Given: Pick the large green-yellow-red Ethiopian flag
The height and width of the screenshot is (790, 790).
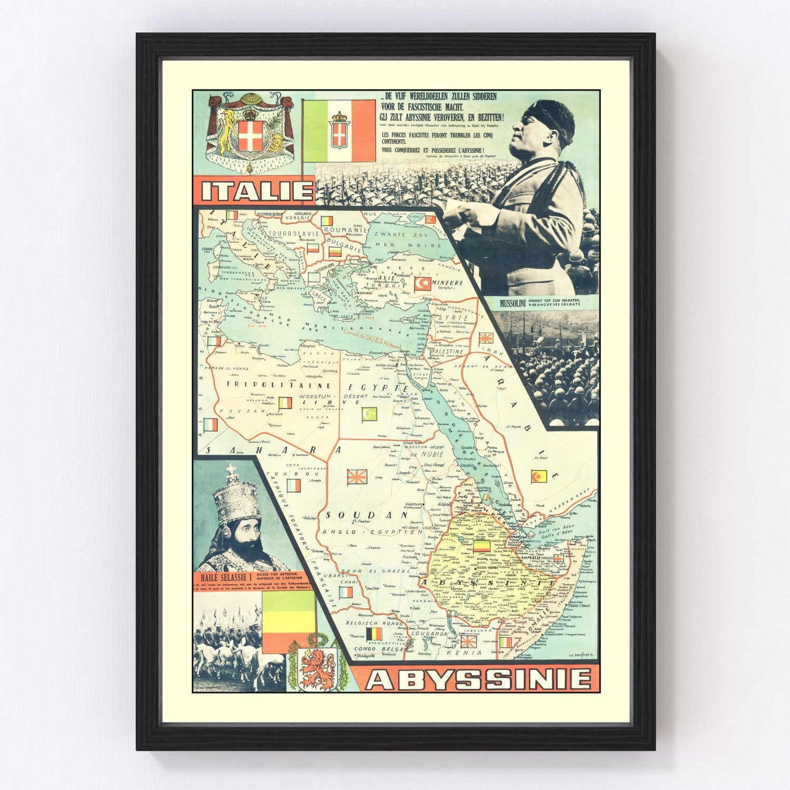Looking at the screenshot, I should tap(288, 623).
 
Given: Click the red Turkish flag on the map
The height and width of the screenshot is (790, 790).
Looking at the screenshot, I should tap(421, 285).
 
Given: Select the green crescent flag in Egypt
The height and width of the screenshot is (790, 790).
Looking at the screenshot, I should tap(370, 414).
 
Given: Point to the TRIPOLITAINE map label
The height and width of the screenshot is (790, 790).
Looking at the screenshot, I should tap(254, 385).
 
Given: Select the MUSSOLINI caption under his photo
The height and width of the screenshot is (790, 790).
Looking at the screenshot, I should tap(511, 303).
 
